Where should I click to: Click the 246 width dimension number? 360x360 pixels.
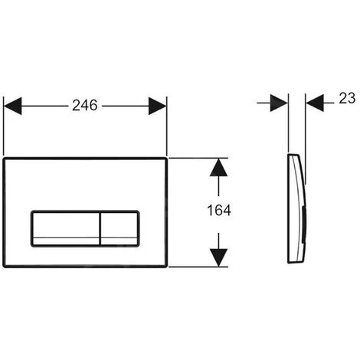pos(85,106)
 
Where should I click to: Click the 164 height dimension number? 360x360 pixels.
pos(219,211)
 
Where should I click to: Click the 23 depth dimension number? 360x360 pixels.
pos(347,98)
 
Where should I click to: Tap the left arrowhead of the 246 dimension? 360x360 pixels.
pos(13,106)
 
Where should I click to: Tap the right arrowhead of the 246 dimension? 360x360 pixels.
pos(158,106)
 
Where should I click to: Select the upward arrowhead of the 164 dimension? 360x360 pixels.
pos(218,168)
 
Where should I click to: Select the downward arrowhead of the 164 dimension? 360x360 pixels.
pos(218,258)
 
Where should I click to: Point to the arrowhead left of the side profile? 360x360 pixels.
pos(279,103)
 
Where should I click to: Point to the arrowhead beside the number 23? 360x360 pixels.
pos(315,103)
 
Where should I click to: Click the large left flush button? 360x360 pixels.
pos(65,229)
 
